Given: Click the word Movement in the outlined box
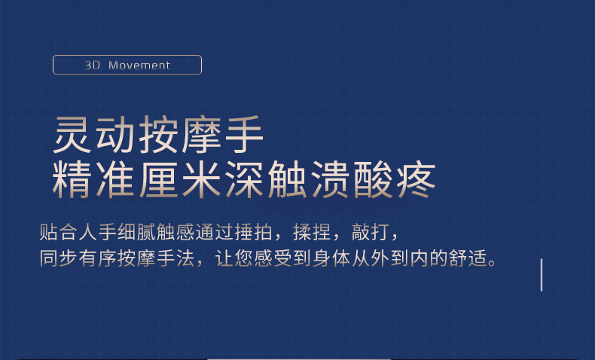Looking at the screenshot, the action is point(139,66).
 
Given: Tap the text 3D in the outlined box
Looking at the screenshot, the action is point(92,66).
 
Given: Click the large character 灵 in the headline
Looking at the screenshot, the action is point(72,134).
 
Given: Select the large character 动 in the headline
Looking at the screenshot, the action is point(115,134).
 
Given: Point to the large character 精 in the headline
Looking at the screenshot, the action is point(72,179).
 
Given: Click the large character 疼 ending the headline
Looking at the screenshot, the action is point(416,179).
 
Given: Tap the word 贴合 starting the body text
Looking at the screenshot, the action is point(59,232).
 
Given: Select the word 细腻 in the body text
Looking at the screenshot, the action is point(136,232).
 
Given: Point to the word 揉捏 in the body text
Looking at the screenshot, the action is point(312,232).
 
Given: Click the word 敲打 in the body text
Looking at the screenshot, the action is point(371,232).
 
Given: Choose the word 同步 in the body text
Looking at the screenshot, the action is point(59,258).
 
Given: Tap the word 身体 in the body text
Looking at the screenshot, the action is point(331,258).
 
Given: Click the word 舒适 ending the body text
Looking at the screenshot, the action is point(468,258).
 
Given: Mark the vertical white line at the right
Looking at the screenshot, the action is point(542,275).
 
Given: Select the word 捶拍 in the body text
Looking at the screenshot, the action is point(254,232).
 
